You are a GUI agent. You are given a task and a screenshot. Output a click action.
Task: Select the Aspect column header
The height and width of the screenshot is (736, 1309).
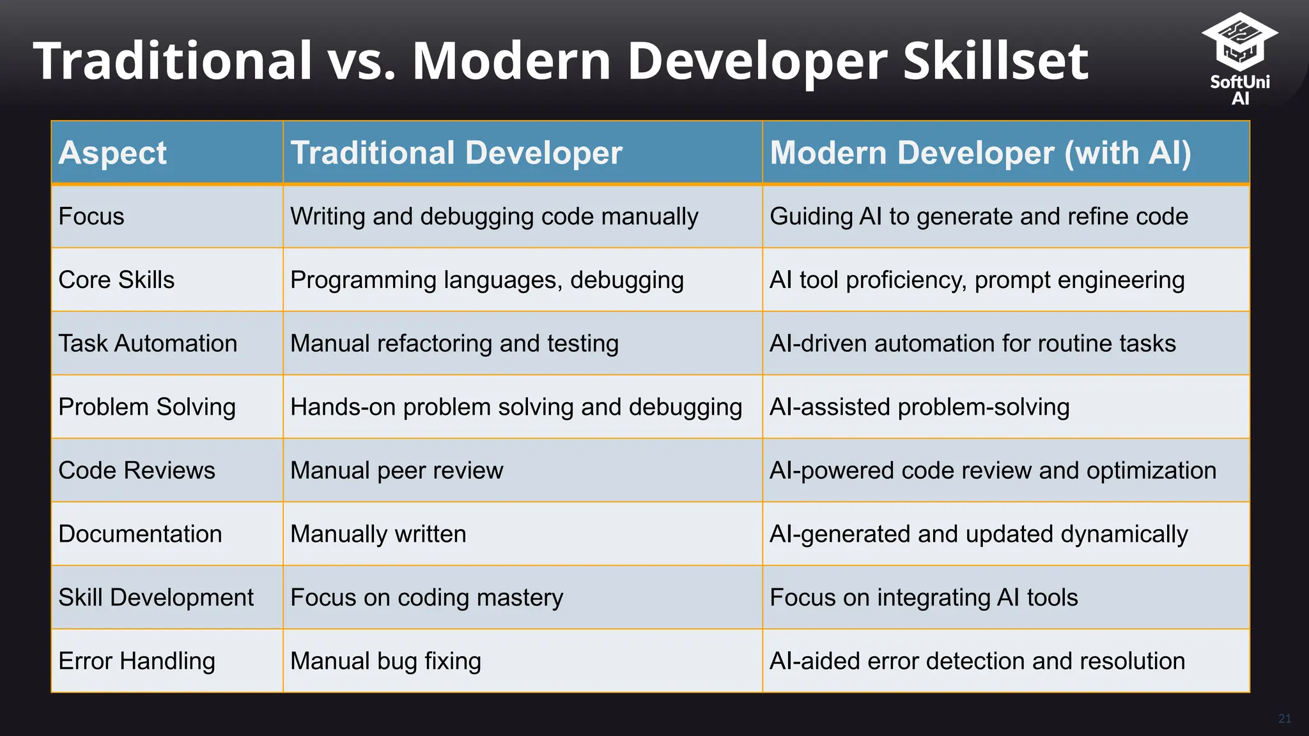click(x=112, y=153)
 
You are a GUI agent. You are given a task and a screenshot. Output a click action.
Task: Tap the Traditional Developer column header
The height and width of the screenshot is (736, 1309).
click(x=456, y=153)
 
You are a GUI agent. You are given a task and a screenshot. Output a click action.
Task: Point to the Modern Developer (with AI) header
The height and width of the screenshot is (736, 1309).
click(x=980, y=153)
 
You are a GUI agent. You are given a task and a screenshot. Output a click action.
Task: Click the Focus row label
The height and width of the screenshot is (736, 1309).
click(x=91, y=217)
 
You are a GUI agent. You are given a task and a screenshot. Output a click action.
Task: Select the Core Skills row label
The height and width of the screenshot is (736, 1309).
click(x=116, y=280)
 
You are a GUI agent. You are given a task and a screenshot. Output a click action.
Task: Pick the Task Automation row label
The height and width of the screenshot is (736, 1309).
click(x=148, y=344)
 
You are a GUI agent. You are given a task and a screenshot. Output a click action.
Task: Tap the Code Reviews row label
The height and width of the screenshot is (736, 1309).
click(x=137, y=471)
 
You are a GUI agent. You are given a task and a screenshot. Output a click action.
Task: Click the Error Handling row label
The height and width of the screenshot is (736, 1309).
click(x=137, y=661)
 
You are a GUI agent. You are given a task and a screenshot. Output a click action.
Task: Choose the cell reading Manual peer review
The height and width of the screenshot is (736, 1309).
click(x=397, y=471)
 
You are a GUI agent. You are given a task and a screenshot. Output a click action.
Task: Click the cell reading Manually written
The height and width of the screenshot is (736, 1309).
click(x=378, y=534)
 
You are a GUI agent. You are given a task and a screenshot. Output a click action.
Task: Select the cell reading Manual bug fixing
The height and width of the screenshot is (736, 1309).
click(x=385, y=661)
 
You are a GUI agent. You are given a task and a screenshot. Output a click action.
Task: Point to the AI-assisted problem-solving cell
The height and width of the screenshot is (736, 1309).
click(x=919, y=407)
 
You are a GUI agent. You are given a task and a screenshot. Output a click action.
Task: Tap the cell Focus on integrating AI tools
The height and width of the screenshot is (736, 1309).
click(x=924, y=598)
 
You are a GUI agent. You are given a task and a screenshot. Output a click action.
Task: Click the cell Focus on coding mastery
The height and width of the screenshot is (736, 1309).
click(x=427, y=598)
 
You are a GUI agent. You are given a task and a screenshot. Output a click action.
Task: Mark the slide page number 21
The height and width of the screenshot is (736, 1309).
click(x=1285, y=719)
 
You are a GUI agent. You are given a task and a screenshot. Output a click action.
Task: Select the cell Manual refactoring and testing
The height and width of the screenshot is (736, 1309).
click(x=454, y=344)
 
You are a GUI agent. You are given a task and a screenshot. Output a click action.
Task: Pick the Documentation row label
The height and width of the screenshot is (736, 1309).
click(x=140, y=534)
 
